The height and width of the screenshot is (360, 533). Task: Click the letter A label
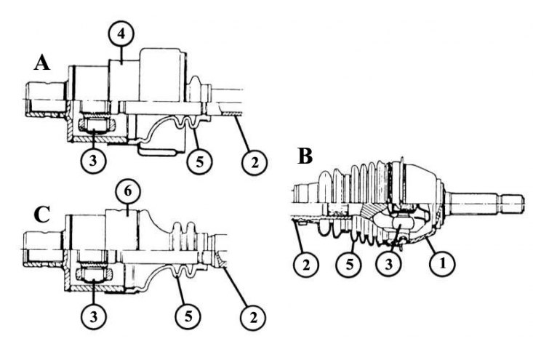tap(41, 63)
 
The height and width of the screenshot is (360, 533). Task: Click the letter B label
tap(305, 156)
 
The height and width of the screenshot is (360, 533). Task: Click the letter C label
tap(42, 215)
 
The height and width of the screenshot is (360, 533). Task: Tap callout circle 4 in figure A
tap(121, 35)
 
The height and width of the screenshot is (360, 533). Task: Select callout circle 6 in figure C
tap(128, 191)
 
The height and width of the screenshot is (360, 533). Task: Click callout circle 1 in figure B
tap(442, 263)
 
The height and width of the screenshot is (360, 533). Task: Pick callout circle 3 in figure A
tap(94, 161)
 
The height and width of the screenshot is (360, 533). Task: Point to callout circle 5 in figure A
tap(200, 161)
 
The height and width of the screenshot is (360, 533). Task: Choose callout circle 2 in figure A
tap(255, 162)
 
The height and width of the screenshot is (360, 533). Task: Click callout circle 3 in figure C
tap(94, 316)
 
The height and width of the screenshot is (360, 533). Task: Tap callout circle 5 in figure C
tap(188, 316)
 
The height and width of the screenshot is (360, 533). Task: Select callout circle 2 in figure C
tap(253, 317)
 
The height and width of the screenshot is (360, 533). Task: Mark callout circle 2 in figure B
tap(306, 264)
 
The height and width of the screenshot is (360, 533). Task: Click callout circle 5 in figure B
tap(349, 264)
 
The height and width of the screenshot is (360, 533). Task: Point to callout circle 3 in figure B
tap(389, 264)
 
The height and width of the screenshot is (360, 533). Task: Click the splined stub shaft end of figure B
tap(486, 204)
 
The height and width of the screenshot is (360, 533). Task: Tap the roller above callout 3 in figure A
tap(96, 126)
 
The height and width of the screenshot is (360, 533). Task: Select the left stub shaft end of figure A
tap(46, 99)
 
